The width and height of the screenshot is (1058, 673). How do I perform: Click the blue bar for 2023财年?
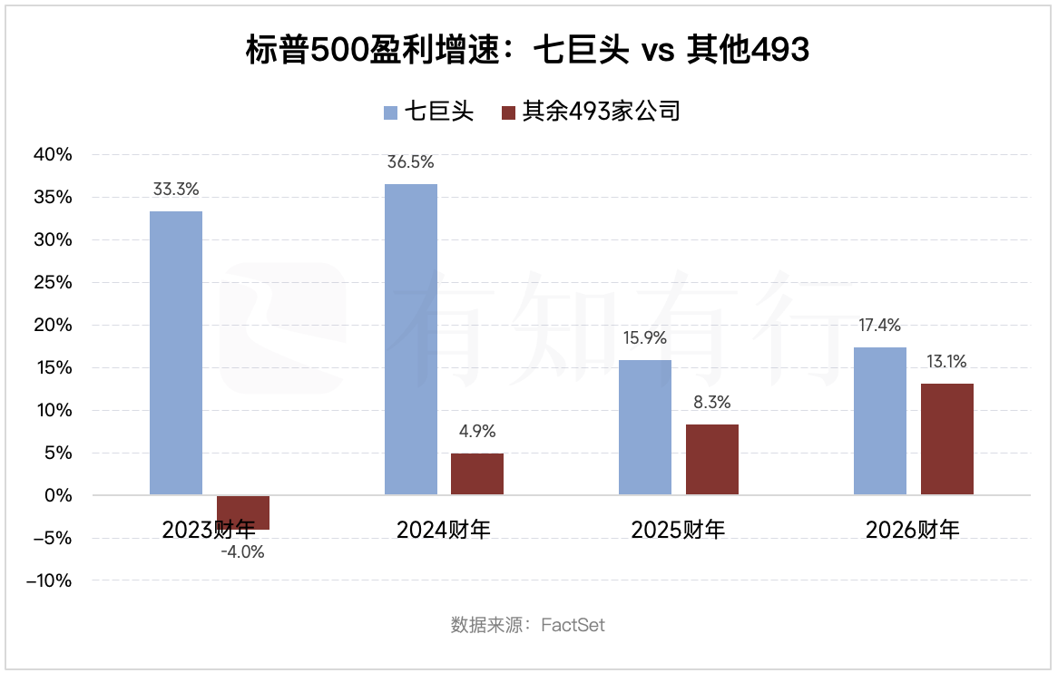[x=176, y=353]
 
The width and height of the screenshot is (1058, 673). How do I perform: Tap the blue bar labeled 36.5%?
[x=411, y=339]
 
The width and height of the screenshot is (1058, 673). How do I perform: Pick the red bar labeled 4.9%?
[x=477, y=473]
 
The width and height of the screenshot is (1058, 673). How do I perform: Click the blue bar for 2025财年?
[x=645, y=427]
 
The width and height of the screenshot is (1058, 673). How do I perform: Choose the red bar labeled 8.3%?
[x=712, y=459]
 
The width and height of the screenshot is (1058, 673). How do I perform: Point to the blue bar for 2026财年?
[x=880, y=421]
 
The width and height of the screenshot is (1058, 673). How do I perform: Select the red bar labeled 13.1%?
[x=947, y=439]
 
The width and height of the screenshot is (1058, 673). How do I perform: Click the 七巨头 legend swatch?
[x=390, y=112]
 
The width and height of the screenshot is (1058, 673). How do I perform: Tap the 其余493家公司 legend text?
[x=600, y=112]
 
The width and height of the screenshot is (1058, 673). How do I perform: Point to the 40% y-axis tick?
[x=53, y=155]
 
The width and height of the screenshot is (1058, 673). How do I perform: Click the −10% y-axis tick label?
[x=49, y=580]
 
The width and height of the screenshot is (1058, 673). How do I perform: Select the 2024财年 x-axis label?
[x=444, y=530]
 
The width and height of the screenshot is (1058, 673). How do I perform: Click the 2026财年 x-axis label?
[x=913, y=530]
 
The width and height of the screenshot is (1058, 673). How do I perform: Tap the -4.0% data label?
[x=242, y=551]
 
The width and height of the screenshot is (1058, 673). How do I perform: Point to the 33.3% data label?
[x=176, y=190]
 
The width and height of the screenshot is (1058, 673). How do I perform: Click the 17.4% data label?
[x=879, y=326]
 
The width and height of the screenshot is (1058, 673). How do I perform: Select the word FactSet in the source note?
[x=573, y=625]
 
